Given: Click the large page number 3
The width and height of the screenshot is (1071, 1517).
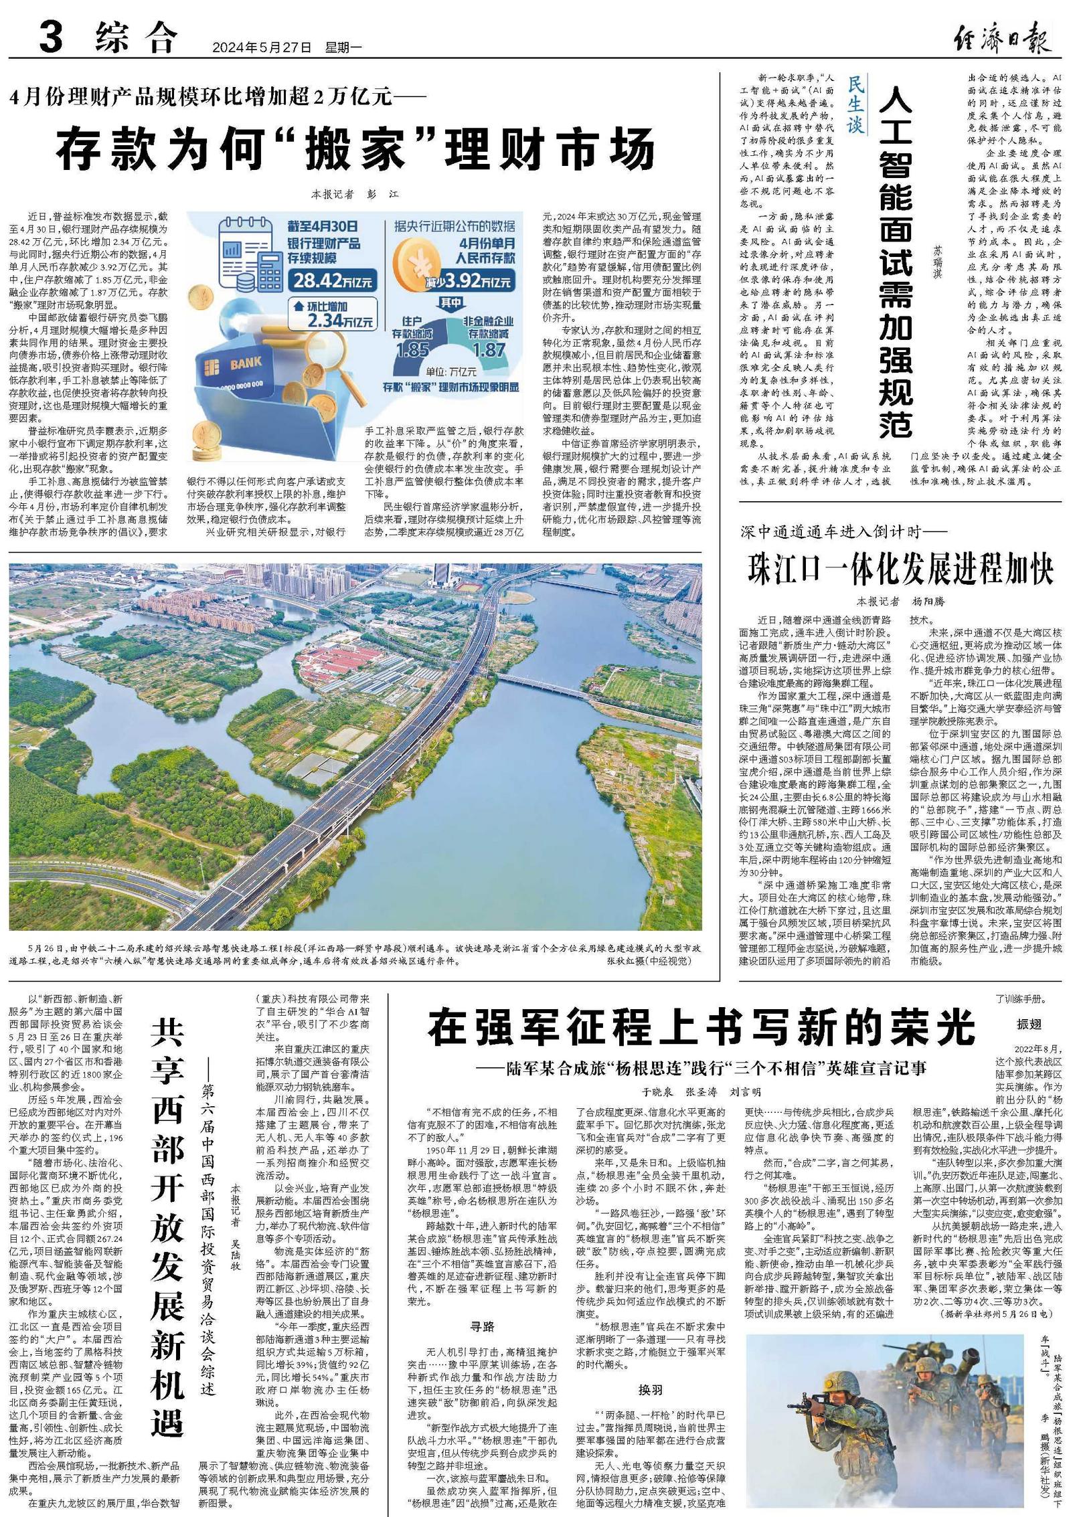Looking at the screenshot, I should pyautogui.click(x=51, y=37).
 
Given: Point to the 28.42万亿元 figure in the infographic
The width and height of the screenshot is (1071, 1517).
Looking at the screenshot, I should pyautogui.click(x=330, y=280).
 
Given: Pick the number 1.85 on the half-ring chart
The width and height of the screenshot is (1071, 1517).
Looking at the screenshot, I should pyautogui.click(x=412, y=349).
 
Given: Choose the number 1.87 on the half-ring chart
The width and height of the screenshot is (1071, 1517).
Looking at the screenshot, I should pyautogui.click(x=488, y=349).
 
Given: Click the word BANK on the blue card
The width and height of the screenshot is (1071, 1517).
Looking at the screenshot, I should pyautogui.click(x=246, y=365).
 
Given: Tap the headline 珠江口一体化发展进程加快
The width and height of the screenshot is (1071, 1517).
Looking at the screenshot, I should pyautogui.click(x=900, y=569).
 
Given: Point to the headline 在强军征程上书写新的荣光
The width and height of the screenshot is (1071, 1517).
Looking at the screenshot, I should pyautogui.click(x=702, y=1028).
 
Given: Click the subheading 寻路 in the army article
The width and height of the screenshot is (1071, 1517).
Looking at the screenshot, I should pyautogui.click(x=482, y=1326).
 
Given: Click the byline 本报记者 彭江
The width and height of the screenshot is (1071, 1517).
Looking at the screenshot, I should pyautogui.click(x=355, y=194).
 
